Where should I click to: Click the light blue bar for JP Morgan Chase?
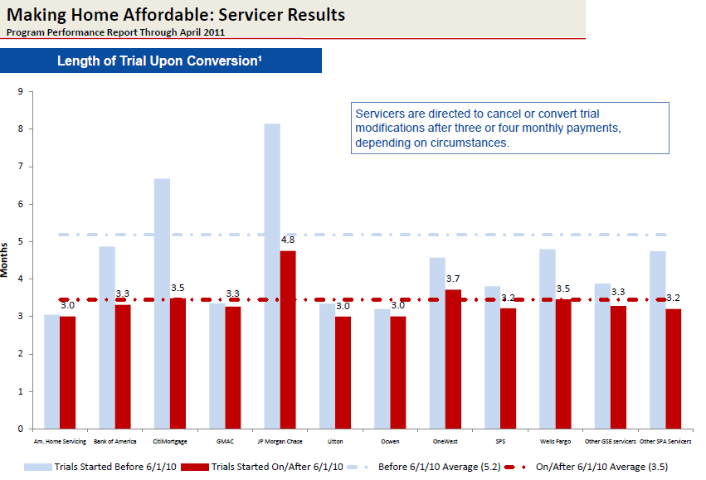coord(272,274)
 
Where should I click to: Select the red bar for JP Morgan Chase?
coord(288,340)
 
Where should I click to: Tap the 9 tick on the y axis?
coord(19,91)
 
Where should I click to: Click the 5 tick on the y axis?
coord(19,241)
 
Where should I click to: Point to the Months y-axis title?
coord(7,259)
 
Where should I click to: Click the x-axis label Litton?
coord(335,442)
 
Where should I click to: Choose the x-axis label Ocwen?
coord(390,442)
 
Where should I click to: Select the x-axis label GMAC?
coord(225,442)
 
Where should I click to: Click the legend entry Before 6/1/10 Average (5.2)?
coord(428,467)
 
